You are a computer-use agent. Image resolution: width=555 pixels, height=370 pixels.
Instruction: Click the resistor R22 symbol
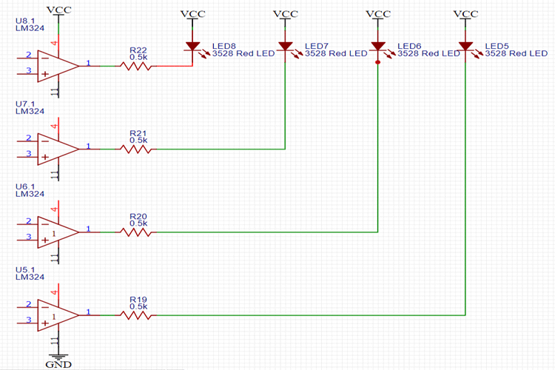pyautogui.click(x=138, y=65)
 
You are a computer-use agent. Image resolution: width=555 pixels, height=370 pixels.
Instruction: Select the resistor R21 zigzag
pyautogui.click(x=138, y=149)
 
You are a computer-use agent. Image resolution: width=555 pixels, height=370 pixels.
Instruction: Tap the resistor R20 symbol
pyautogui.click(x=138, y=232)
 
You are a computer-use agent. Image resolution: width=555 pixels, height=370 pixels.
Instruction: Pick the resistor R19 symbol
pyautogui.click(x=138, y=315)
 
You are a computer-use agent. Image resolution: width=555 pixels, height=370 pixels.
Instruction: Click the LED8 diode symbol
pyautogui.click(x=192, y=47)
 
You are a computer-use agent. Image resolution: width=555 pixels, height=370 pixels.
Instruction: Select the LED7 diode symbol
pyautogui.click(x=285, y=47)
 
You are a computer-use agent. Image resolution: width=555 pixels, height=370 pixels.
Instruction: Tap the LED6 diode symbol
pyautogui.click(x=378, y=47)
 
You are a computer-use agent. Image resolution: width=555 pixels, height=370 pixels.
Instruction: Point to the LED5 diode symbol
pyautogui.click(x=465, y=47)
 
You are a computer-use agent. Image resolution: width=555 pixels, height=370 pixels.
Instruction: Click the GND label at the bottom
pyautogui.click(x=57, y=364)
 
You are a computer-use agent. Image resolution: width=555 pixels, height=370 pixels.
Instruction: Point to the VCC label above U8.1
pyautogui.click(x=58, y=10)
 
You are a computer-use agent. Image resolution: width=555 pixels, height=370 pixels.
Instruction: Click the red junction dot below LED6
pyautogui.click(x=378, y=63)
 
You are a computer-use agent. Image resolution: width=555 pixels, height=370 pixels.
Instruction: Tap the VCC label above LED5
pyautogui.click(x=465, y=13)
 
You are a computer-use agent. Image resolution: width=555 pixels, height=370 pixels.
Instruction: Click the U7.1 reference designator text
pyautogui.click(x=25, y=104)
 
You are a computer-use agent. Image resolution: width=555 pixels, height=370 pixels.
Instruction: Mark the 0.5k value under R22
pyautogui.click(x=138, y=56)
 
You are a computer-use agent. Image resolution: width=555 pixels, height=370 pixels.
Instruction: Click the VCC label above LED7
pyautogui.click(x=285, y=13)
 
